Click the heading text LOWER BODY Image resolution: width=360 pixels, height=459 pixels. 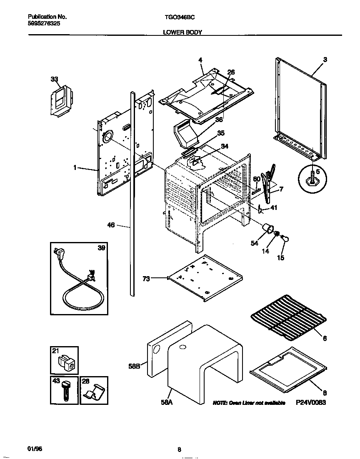tap(182, 32)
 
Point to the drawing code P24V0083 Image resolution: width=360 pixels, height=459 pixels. tap(311, 403)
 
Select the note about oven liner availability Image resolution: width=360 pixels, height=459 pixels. tap(249, 403)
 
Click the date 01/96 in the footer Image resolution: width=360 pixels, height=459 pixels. tap(35, 449)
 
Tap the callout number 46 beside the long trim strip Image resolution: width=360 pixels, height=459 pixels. tap(111, 225)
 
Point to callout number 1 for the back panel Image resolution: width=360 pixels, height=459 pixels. tap(75, 167)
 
